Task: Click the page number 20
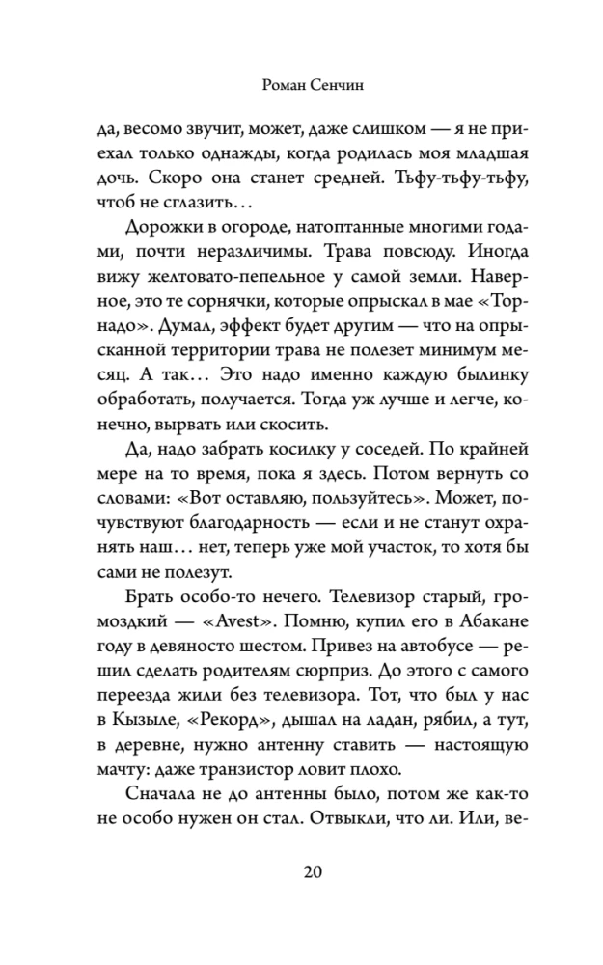click(x=311, y=873)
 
